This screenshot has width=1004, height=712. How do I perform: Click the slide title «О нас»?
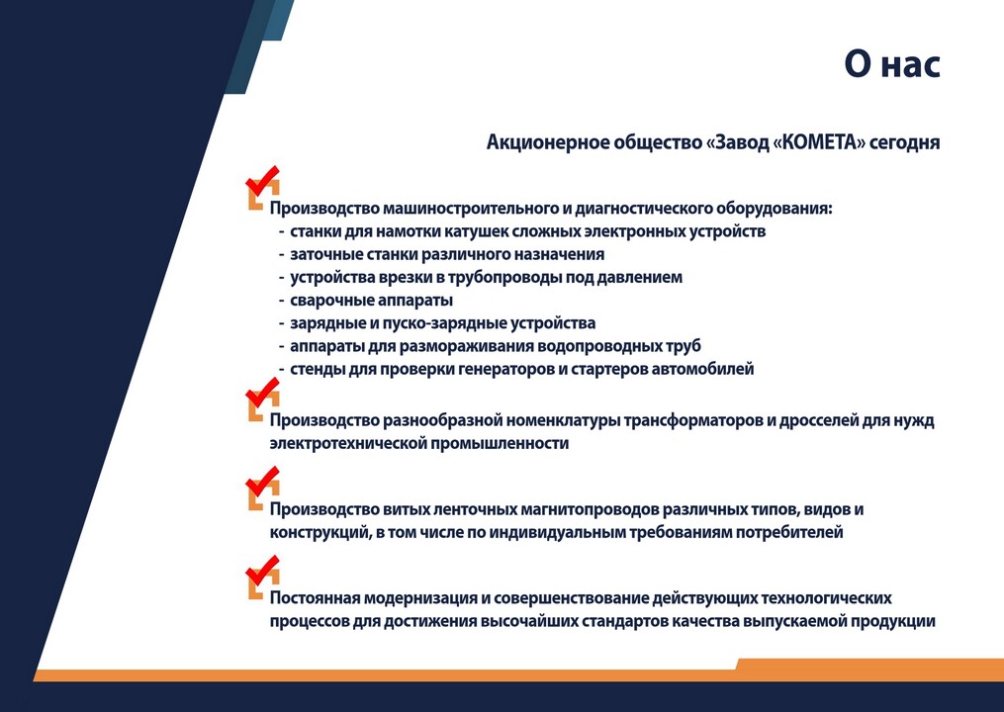[890, 64]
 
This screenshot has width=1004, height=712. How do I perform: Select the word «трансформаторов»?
[706, 420]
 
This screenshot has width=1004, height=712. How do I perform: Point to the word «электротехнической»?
[347, 443]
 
